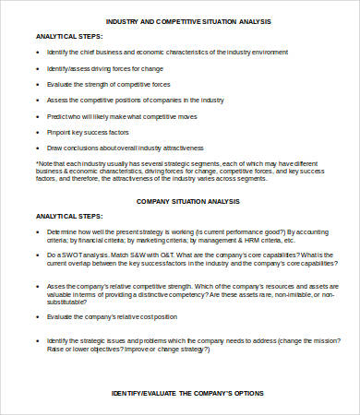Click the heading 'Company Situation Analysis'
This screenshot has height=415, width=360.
(188, 200)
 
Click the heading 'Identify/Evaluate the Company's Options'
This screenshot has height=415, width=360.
(188, 393)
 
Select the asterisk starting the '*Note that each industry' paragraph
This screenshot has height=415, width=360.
(36, 164)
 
